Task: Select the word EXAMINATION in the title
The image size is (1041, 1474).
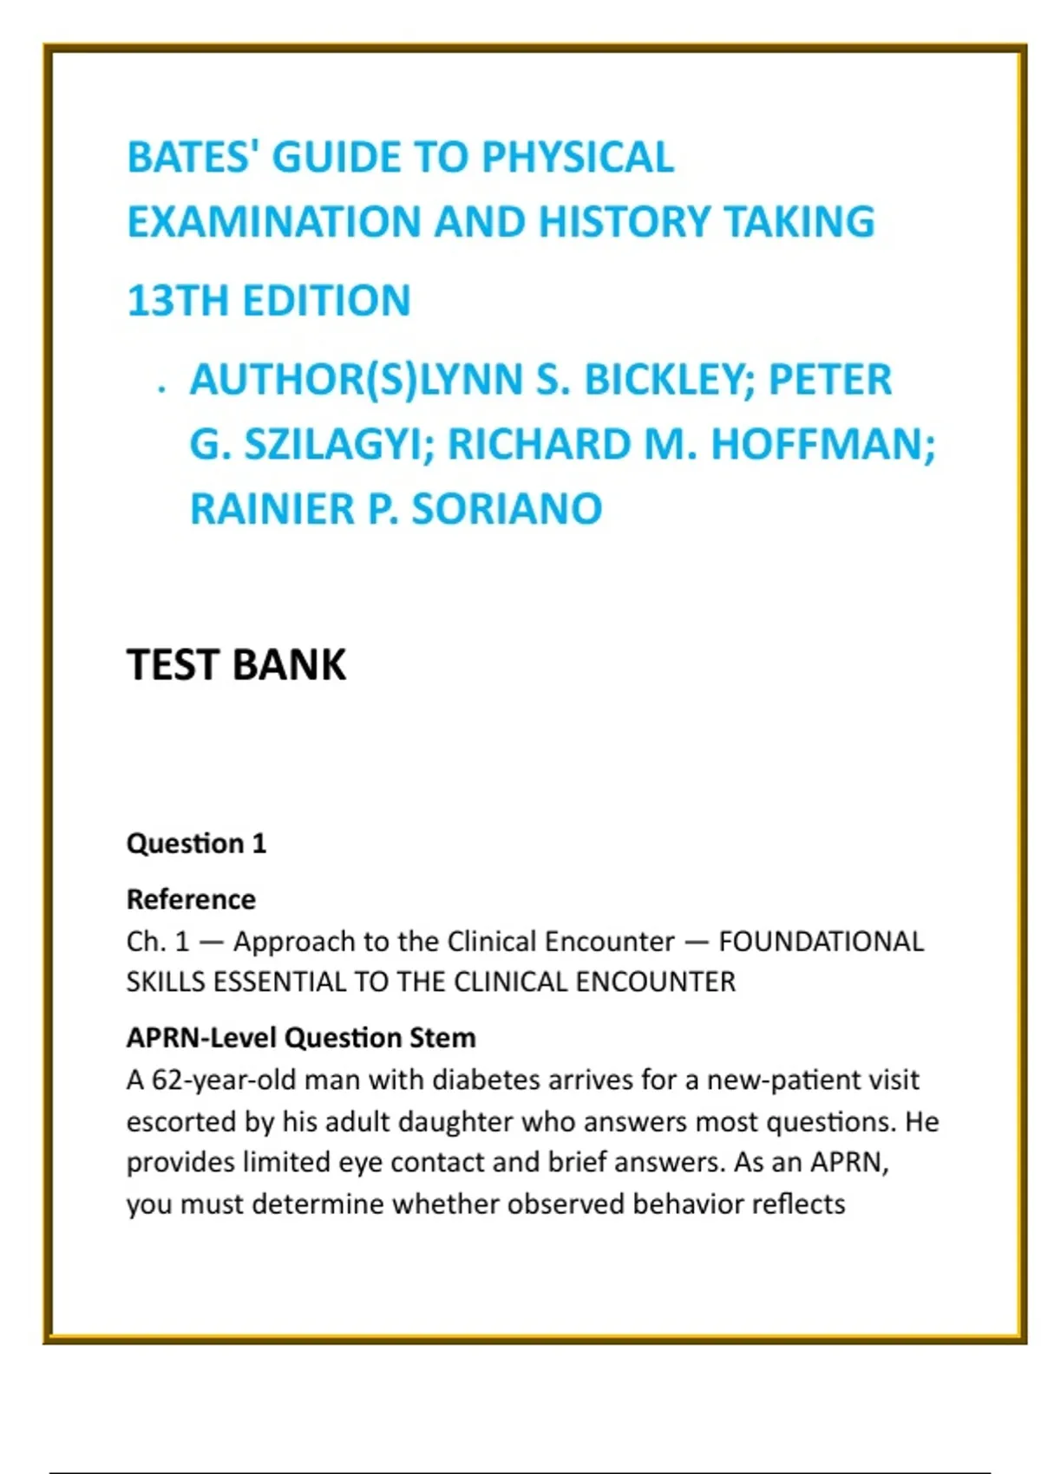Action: coord(273,222)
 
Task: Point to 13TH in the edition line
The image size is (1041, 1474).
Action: coord(177,302)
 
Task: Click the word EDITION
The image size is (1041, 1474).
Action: coord(326,302)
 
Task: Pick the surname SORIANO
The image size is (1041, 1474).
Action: coord(507,509)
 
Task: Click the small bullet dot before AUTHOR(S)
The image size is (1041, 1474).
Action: coord(161,390)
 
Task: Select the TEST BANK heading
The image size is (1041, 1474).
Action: coord(236,666)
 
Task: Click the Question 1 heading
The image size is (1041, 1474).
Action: coord(196,844)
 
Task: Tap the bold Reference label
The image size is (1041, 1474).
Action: coord(191,900)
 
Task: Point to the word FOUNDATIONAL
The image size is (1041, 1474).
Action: coord(821,942)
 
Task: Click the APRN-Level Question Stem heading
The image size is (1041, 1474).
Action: coord(301,1038)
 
